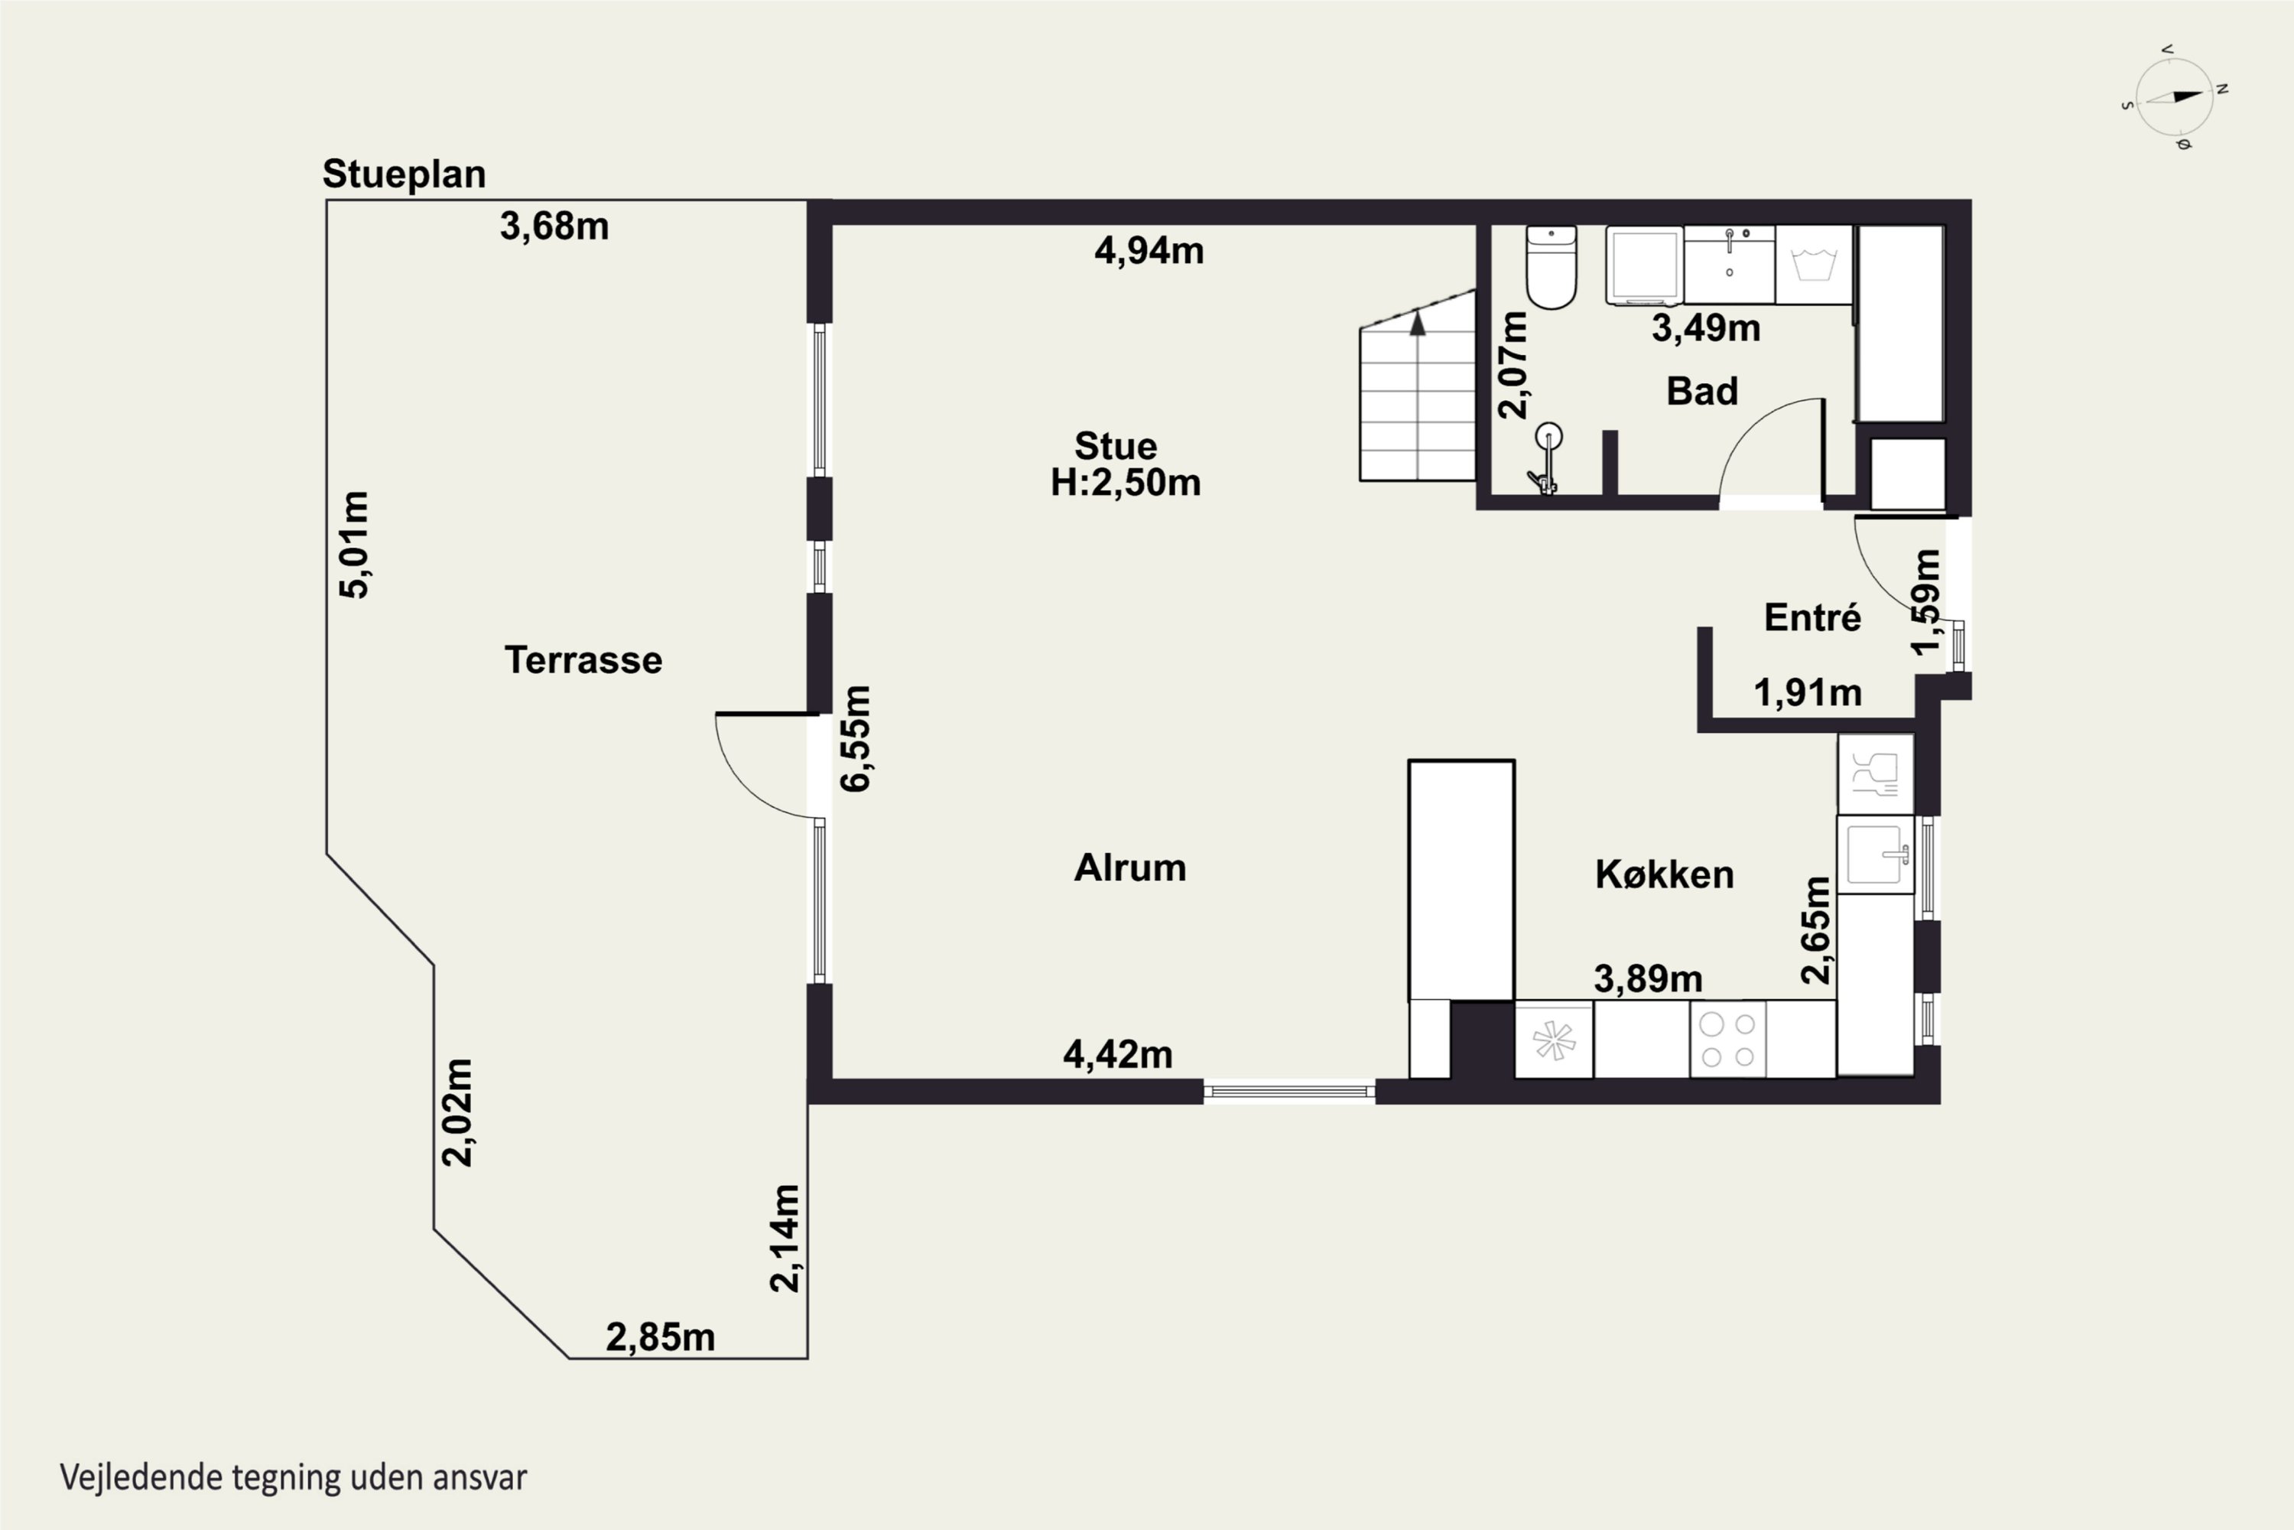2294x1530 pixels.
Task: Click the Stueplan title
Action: point(404,174)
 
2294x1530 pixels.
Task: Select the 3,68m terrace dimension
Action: point(554,226)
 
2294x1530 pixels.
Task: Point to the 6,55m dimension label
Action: point(856,739)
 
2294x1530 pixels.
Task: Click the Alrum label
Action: point(1129,868)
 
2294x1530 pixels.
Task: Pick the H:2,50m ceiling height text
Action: point(1125,483)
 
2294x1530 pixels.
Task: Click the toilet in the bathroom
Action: point(1551,266)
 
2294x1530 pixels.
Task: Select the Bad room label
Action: point(1702,391)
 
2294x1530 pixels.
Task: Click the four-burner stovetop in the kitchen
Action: point(1727,1039)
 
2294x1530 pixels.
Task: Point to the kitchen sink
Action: point(1876,855)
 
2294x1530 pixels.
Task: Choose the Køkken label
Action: point(1665,874)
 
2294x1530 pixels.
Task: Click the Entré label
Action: point(1812,617)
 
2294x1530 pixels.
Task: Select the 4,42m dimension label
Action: point(1118,1055)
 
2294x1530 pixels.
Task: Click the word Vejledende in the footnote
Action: point(141,1477)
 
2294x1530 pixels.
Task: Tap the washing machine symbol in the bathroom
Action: point(1813,265)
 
